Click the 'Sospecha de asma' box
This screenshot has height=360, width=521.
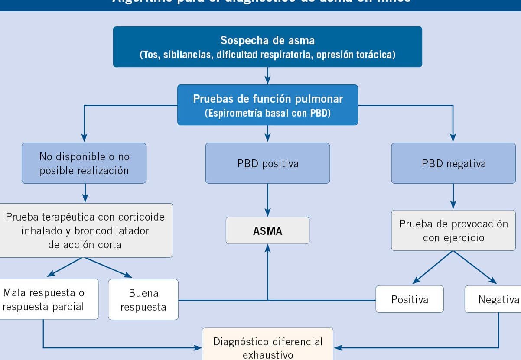pyautogui.click(x=267, y=47)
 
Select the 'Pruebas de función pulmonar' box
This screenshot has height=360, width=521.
pyautogui.click(x=267, y=105)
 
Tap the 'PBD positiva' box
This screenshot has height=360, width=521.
pyautogui.click(x=267, y=163)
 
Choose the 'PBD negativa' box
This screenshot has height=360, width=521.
pyautogui.click(x=453, y=163)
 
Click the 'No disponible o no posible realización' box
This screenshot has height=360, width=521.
pyautogui.click(x=84, y=163)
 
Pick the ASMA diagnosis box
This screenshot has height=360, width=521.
pyautogui.click(x=267, y=230)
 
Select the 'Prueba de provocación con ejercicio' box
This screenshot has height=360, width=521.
pyautogui.click(x=453, y=230)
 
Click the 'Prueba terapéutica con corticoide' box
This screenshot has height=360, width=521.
pyautogui.click(x=85, y=230)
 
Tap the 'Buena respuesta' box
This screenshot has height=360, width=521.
pyautogui.click(x=143, y=299)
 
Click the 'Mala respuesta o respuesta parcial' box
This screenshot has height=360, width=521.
pyautogui.click(x=44, y=299)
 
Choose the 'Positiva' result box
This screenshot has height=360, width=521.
pyautogui.click(x=410, y=299)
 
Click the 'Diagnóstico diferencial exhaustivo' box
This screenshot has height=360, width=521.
pyautogui.click(x=267, y=347)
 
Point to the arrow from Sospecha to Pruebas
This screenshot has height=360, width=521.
pyautogui.click(x=267, y=76)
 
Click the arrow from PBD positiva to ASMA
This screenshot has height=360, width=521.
pyautogui.click(x=267, y=200)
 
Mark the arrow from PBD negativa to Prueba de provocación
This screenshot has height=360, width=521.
pyautogui.click(x=453, y=197)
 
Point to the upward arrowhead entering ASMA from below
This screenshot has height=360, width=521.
pyautogui.click(x=267, y=248)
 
